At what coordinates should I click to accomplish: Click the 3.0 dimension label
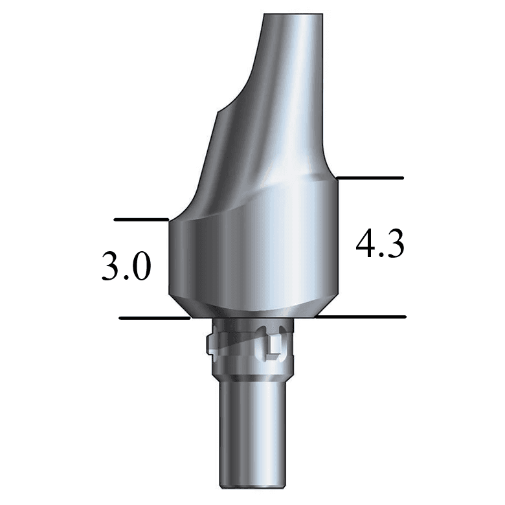pyautogui.click(x=126, y=267)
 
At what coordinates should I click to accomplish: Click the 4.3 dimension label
pyautogui.click(x=381, y=245)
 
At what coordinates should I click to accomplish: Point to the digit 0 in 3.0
pyautogui.click(x=141, y=267)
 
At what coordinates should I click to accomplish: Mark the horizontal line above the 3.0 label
pyautogui.click(x=141, y=219)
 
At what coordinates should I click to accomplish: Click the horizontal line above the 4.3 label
pyautogui.click(x=370, y=177)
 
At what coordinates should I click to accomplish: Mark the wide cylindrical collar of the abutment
pyautogui.click(x=252, y=259)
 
